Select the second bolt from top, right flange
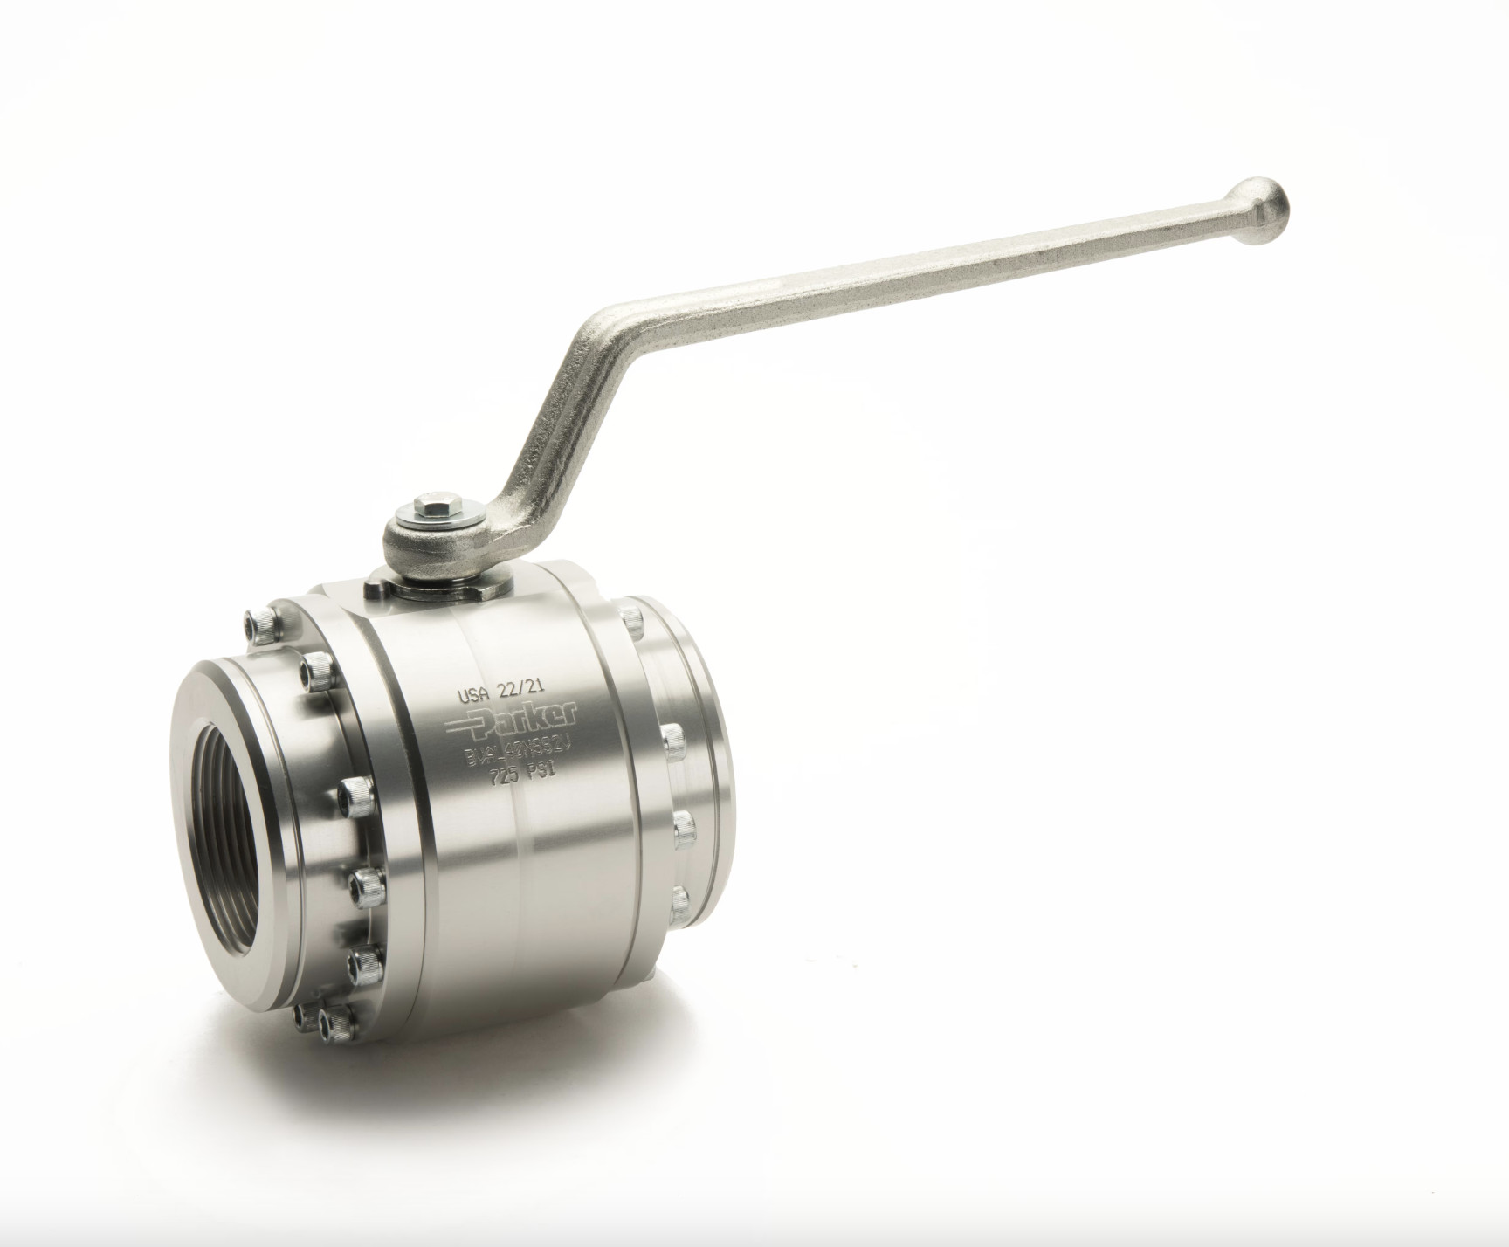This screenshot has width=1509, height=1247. pos(672,739)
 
